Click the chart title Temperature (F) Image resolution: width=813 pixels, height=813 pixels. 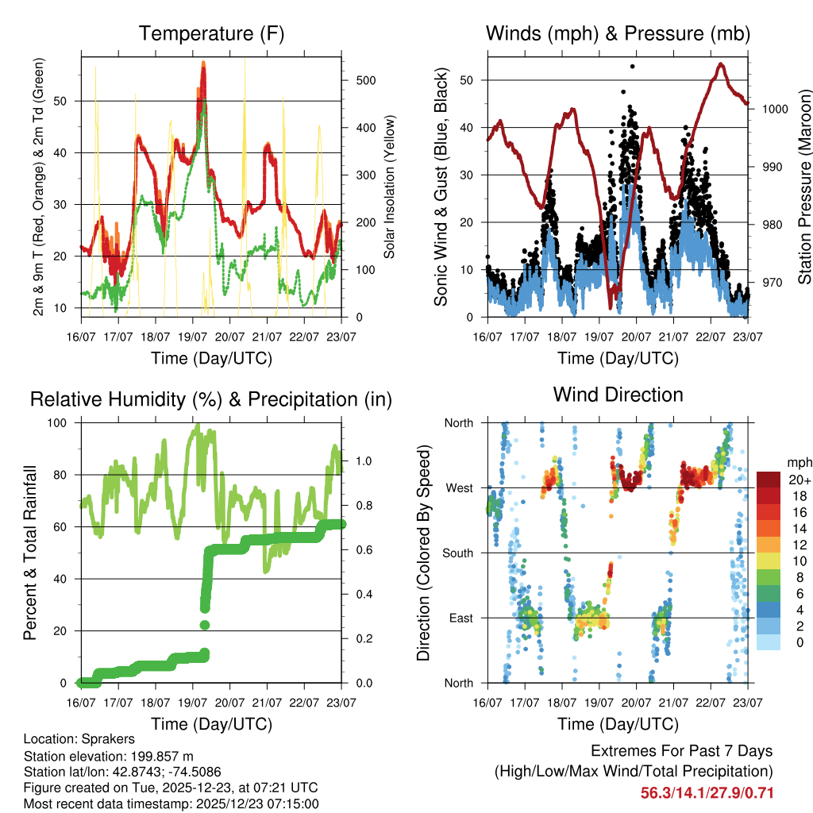(x=211, y=34)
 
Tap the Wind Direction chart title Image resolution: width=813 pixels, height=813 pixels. (x=618, y=395)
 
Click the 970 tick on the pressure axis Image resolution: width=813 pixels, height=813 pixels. (x=770, y=282)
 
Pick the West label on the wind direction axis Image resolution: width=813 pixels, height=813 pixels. (x=458, y=487)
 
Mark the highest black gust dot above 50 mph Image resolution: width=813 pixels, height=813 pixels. (x=632, y=67)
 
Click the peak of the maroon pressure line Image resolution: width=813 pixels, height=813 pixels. (x=720, y=64)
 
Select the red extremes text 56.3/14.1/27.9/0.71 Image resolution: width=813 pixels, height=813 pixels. (x=707, y=793)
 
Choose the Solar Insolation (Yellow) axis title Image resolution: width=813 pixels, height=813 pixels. (x=390, y=187)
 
